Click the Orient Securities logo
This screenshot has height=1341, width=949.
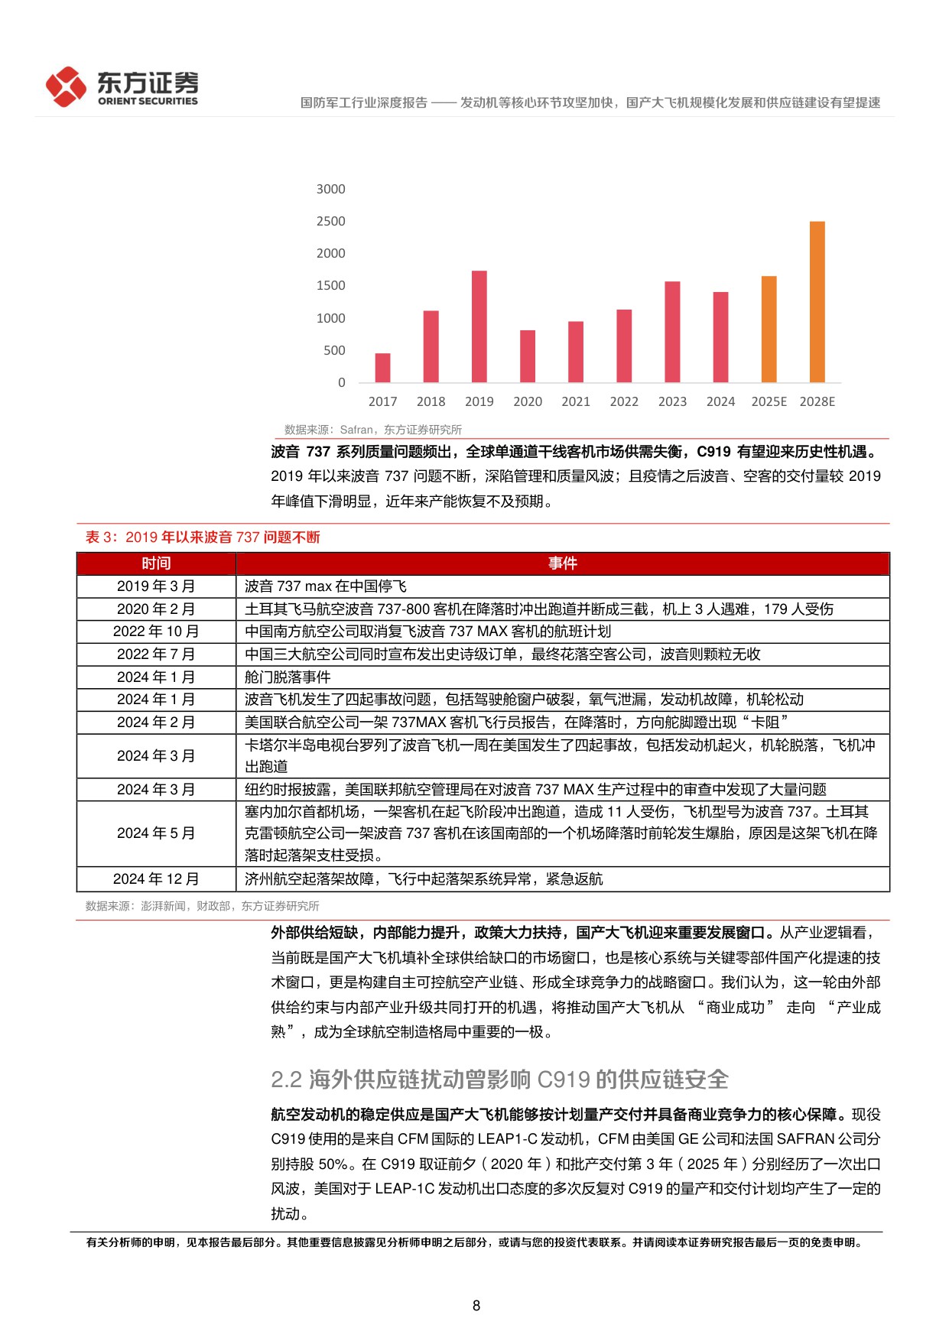pyautogui.click(x=122, y=86)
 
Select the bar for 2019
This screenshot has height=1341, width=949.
pyautogui.click(x=479, y=326)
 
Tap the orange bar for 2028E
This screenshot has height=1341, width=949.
pyautogui.click(x=817, y=302)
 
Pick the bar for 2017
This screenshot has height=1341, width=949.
pyautogui.click(x=382, y=368)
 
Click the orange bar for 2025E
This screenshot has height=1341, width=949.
pyautogui.click(x=769, y=330)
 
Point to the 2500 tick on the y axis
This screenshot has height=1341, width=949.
pyautogui.click(x=330, y=221)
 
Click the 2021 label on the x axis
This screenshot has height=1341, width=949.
pyautogui.click(x=576, y=401)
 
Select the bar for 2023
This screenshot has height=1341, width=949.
pyautogui.click(x=672, y=332)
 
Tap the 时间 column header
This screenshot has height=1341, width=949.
pyautogui.click(x=156, y=563)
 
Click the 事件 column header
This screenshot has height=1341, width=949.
pyautogui.click(x=562, y=563)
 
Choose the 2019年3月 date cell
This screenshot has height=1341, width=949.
pyautogui.click(x=156, y=586)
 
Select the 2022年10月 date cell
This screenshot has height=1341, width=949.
pyautogui.click(x=156, y=632)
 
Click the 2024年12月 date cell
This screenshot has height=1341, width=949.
pyautogui.click(x=156, y=879)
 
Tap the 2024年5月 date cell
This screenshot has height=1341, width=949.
pyautogui.click(x=156, y=833)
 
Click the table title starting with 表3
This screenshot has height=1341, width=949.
pyautogui.click(x=203, y=537)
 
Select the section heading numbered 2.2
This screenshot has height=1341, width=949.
pyautogui.click(x=499, y=1080)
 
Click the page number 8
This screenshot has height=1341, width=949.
pyautogui.click(x=476, y=1306)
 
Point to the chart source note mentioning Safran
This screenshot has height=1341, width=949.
pyautogui.click(x=372, y=430)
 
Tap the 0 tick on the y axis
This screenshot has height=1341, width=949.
pyautogui.click(x=341, y=382)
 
